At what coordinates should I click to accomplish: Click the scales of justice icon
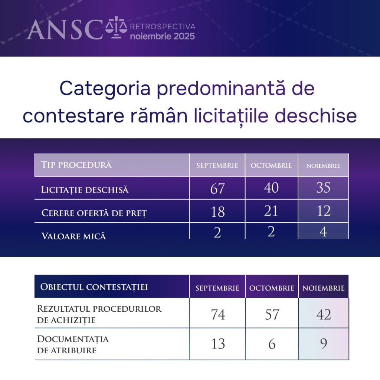(x=116, y=27)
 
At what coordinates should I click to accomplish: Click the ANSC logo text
(x=65, y=30)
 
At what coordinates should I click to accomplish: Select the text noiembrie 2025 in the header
(x=163, y=36)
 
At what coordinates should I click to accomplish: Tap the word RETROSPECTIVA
(x=163, y=26)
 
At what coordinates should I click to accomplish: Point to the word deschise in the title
(x=315, y=116)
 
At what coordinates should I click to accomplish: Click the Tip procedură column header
(x=76, y=165)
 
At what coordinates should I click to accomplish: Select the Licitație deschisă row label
(x=85, y=190)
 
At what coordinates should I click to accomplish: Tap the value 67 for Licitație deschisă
(x=217, y=189)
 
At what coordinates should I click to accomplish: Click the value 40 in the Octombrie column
(x=271, y=187)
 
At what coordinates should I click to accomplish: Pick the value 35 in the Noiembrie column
(x=323, y=187)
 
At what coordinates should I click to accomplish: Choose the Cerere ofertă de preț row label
(x=94, y=213)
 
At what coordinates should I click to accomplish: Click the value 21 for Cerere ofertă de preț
(x=271, y=211)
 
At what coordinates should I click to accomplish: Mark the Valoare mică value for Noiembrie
(x=323, y=232)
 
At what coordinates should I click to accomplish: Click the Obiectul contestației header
(x=94, y=287)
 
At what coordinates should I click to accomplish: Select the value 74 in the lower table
(x=218, y=315)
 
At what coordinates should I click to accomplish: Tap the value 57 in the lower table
(x=272, y=315)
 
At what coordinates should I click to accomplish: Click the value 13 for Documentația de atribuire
(x=218, y=344)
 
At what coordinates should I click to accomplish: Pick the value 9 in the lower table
(x=324, y=344)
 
